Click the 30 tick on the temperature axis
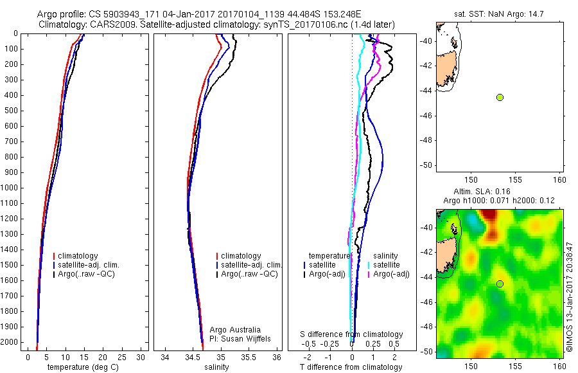(x=142, y=357)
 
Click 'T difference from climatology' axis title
(x=351, y=367)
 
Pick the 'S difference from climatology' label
(x=351, y=334)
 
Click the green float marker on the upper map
(x=500, y=97)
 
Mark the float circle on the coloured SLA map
(x=500, y=284)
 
